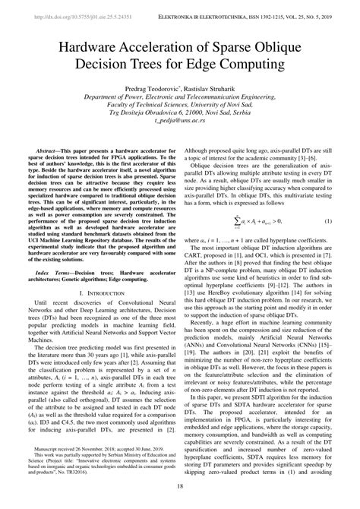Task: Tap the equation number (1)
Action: tap(328, 220)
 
